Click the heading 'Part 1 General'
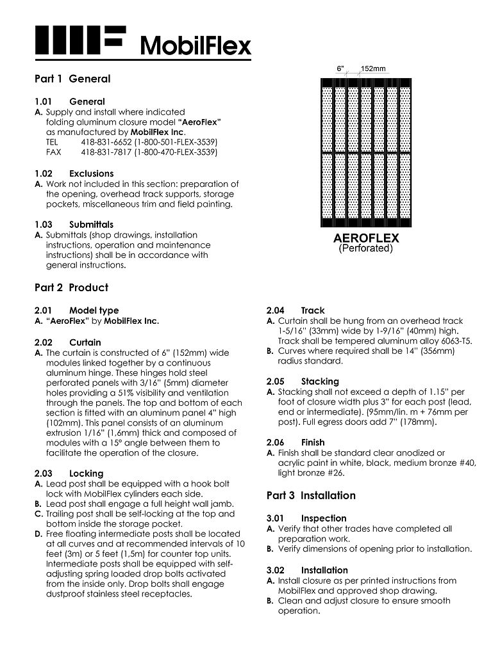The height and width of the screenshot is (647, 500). (72, 79)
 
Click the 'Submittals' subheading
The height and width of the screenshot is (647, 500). (91, 225)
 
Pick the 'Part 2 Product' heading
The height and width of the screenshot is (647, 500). (71, 287)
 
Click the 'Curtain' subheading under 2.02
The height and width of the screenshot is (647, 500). (85, 342)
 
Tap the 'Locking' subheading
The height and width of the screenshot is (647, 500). (86, 474)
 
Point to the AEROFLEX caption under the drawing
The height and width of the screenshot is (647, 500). (366, 238)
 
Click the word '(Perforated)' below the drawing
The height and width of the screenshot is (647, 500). (366, 248)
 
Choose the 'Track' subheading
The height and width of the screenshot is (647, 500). (313, 310)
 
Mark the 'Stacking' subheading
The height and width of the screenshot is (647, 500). (320, 381)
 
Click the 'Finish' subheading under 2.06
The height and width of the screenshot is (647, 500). (313, 442)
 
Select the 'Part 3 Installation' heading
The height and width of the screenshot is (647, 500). (310, 495)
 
